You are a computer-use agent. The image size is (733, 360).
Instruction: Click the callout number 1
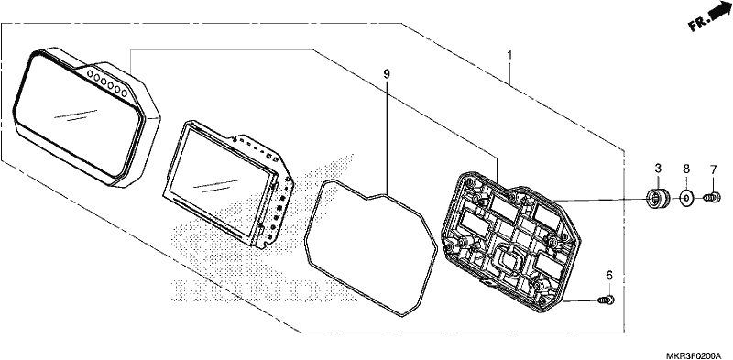[510, 55]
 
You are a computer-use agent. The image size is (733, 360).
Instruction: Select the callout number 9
[387, 74]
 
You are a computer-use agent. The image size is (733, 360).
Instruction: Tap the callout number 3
[658, 168]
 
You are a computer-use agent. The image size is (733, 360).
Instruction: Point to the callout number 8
[685, 168]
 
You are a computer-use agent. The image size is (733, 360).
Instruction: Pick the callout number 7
[714, 170]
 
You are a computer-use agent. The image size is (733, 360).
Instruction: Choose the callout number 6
[609, 276]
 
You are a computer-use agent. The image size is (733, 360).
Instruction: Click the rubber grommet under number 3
[658, 199]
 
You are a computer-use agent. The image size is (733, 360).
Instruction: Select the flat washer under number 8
[685, 198]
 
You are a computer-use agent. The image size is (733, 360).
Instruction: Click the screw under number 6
[607, 300]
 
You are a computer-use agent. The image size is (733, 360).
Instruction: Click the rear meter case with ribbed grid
[511, 242]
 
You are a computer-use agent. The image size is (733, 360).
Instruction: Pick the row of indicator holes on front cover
[107, 82]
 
